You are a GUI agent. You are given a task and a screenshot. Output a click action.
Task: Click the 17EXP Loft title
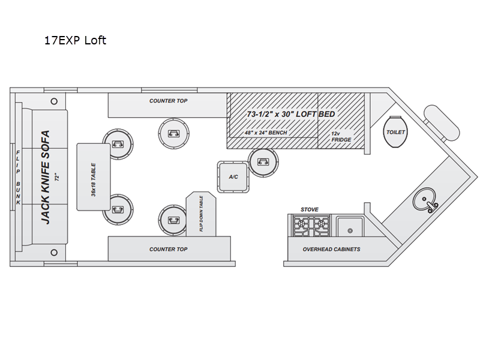pos(76,40)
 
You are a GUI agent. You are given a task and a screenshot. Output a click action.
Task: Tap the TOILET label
pos(395,132)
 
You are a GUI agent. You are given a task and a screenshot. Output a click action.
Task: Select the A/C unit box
pos(233,177)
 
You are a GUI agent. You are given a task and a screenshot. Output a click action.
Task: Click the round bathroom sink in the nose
pos(424,199)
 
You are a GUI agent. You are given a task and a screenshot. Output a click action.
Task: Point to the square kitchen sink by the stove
pos(350,227)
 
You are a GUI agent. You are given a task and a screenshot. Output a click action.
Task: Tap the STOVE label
pos(310,209)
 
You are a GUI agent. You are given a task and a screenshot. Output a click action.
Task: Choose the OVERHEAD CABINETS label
pos(332,250)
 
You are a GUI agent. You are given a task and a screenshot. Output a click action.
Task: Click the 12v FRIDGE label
pos(341,137)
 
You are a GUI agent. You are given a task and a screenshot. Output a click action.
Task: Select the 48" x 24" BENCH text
pos(266,133)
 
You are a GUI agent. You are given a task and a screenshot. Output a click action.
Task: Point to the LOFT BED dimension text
pos(291,114)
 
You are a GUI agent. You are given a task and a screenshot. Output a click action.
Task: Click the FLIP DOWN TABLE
pos(201,214)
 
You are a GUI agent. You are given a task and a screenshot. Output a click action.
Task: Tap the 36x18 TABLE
pos(94,177)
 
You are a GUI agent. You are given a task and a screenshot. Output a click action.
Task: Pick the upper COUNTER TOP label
pos(169,101)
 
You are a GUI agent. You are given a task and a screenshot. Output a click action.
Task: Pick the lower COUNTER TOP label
pos(169,250)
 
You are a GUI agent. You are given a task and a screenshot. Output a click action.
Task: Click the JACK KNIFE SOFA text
pos(46,177)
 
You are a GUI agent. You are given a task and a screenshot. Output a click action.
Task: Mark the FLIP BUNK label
pos(18,178)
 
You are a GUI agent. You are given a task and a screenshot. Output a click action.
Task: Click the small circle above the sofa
pos(54,101)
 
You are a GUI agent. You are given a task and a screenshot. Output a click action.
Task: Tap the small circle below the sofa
pos(54,253)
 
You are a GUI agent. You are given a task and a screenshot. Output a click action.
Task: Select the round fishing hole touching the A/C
pos(263,162)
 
